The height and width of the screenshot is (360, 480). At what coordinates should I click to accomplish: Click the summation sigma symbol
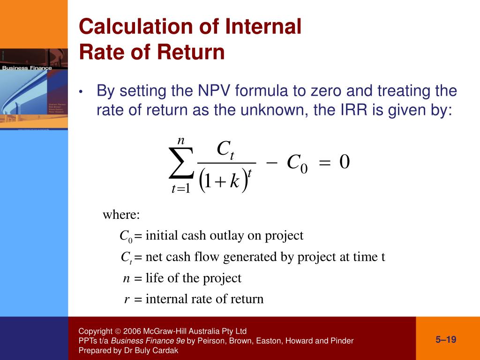point(181,164)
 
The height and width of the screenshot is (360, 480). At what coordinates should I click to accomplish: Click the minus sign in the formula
point(272,162)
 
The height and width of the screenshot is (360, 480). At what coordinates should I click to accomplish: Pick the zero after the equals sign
point(345,162)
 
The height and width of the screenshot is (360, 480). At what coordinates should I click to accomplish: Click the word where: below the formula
point(121,215)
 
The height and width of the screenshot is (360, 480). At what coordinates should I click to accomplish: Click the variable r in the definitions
point(127,299)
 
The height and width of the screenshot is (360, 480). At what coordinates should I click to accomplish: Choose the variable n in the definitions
point(126,278)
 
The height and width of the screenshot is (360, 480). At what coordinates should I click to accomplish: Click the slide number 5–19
point(446,340)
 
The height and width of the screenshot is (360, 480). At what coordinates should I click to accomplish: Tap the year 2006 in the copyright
point(132,331)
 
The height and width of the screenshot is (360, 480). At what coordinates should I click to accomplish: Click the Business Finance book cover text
point(27,68)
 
